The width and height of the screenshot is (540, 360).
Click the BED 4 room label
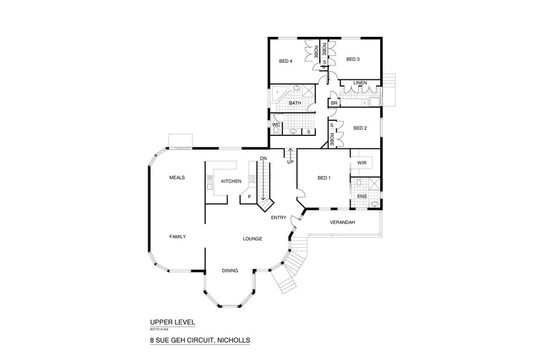point(286,61)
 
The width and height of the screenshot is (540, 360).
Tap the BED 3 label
point(353,59)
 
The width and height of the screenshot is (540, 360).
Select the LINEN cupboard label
point(360,83)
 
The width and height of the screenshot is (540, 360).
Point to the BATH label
point(295,103)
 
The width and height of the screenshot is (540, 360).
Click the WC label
point(276,124)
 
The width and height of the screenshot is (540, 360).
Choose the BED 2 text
point(360,128)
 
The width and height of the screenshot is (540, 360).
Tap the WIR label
point(362,163)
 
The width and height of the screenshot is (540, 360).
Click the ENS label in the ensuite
point(362,196)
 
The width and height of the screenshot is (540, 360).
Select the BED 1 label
point(324,178)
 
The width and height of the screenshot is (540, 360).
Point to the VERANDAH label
point(342,222)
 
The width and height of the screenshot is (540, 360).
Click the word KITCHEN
point(231,182)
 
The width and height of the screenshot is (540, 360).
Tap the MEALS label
point(177,178)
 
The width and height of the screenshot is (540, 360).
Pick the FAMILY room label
point(178,236)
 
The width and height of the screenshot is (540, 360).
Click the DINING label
point(230,271)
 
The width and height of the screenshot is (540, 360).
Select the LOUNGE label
point(252,238)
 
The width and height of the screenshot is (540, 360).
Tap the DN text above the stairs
point(263,158)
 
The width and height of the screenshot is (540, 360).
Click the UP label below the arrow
point(291,162)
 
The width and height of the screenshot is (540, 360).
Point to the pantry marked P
point(249,197)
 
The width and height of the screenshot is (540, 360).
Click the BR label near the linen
point(334,103)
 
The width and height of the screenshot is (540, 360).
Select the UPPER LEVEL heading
point(172,322)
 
